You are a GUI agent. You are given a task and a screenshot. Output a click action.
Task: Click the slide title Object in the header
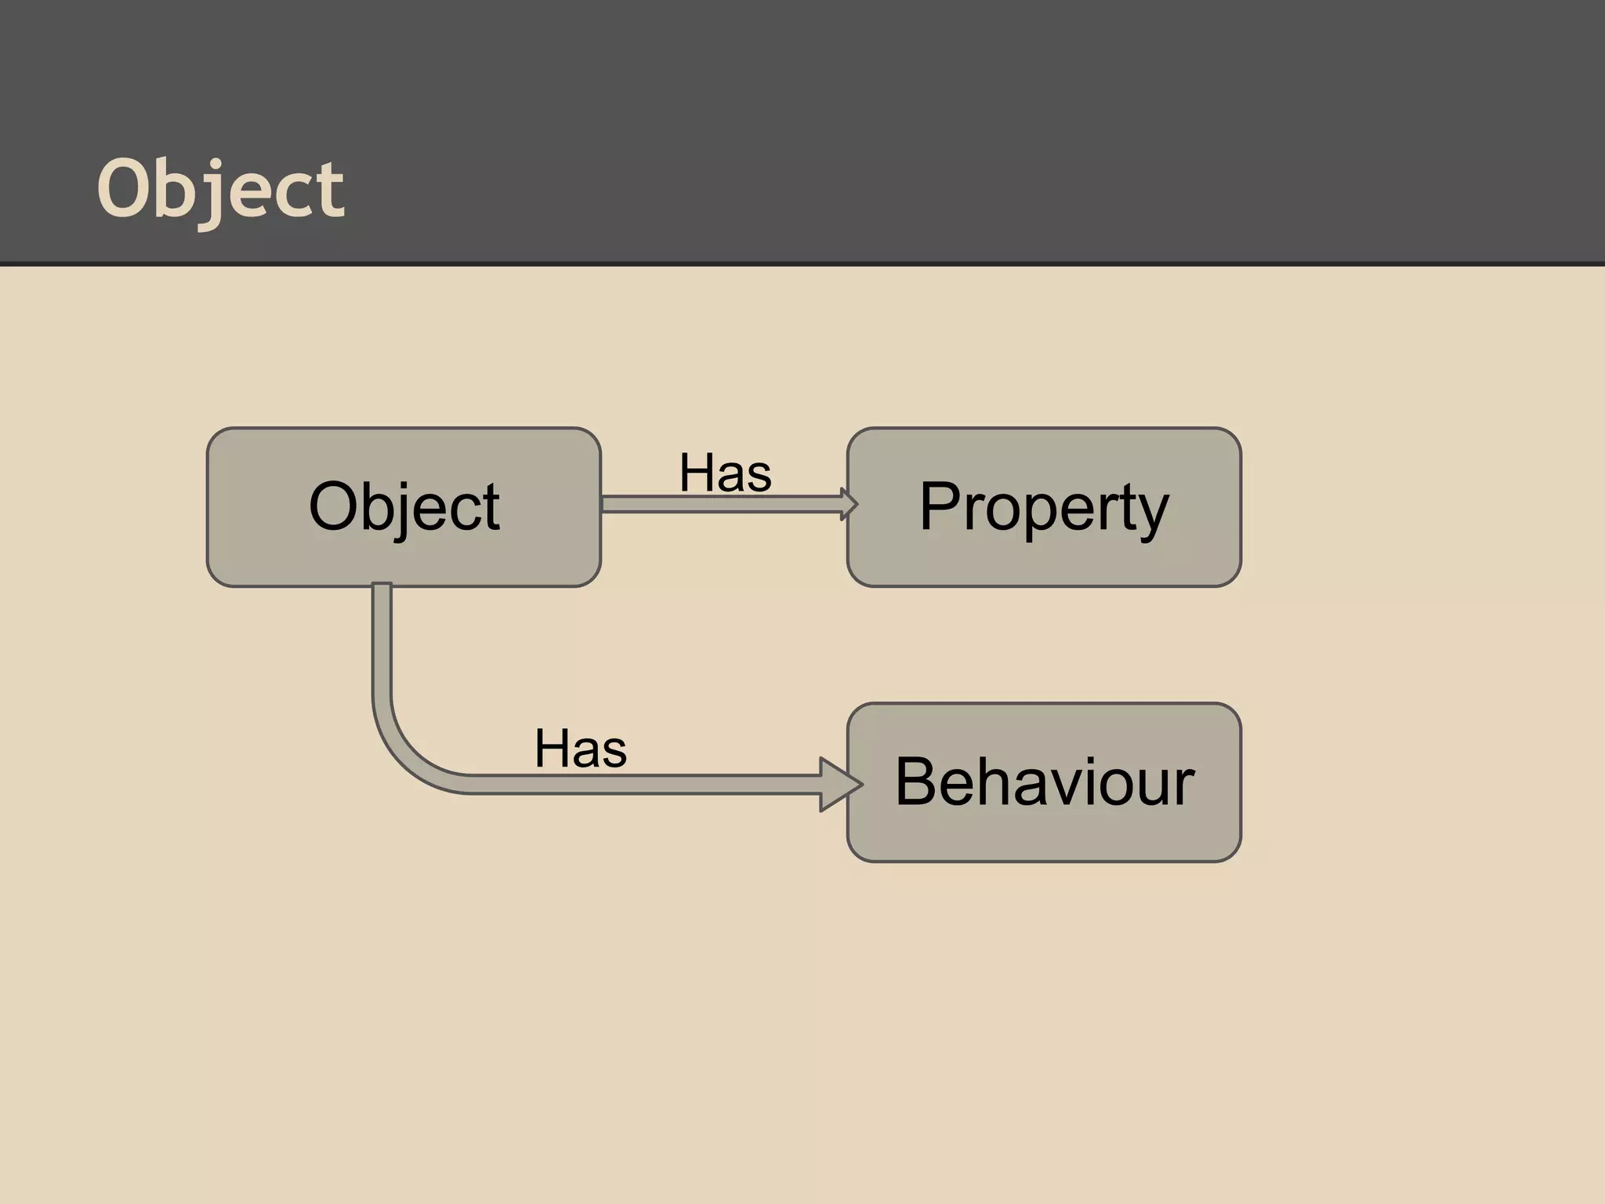pyautogui.click(x=220, y=189)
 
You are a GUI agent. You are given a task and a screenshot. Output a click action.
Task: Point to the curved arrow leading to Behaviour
pyautogui.click(x=627, y=785)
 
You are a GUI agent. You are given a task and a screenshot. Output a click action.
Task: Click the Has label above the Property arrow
pyautogui.click(x=725, y=473)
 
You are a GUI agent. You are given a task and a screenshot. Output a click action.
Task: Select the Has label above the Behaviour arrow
pyautogui.click(x=581, y=749)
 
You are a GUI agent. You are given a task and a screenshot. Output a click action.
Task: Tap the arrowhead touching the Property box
pyautogui.click(x=849, y=504)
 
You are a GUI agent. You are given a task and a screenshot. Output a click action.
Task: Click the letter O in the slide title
pyautogui.click(x=124, y=188)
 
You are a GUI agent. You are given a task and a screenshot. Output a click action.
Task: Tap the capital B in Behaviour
pyautogui.click(x=919, y=782)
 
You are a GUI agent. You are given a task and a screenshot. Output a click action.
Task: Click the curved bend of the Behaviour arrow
pyautogui.click(x=404, y=752)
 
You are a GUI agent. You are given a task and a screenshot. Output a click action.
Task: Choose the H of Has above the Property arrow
pyautogui.click(x=696, y=473)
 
